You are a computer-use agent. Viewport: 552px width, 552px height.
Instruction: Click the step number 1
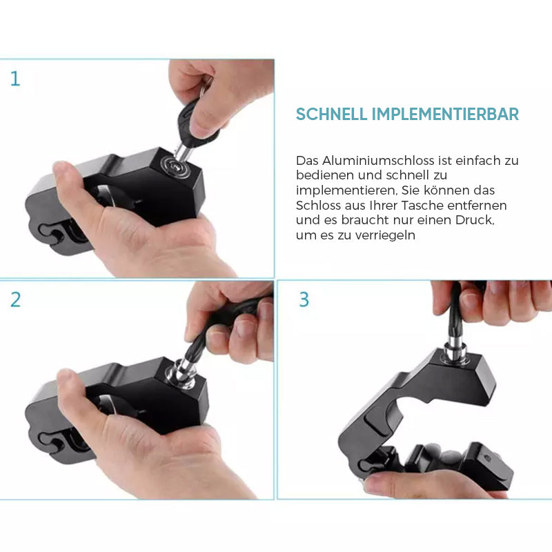pos(15,79)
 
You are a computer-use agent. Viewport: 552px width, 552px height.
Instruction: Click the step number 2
pos(15,300)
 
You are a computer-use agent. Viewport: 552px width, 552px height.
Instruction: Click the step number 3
pos(304,299)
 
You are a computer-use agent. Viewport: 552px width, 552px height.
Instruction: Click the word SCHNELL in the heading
pos(331,114)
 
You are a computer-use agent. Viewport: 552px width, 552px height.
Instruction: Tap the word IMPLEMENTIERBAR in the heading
pos(445,114)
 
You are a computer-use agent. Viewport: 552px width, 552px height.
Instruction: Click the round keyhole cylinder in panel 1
pos(175,166)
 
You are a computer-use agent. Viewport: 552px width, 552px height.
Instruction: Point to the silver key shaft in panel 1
pos(183,150)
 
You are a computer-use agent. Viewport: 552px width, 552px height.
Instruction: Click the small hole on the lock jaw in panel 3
pos(487,458)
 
